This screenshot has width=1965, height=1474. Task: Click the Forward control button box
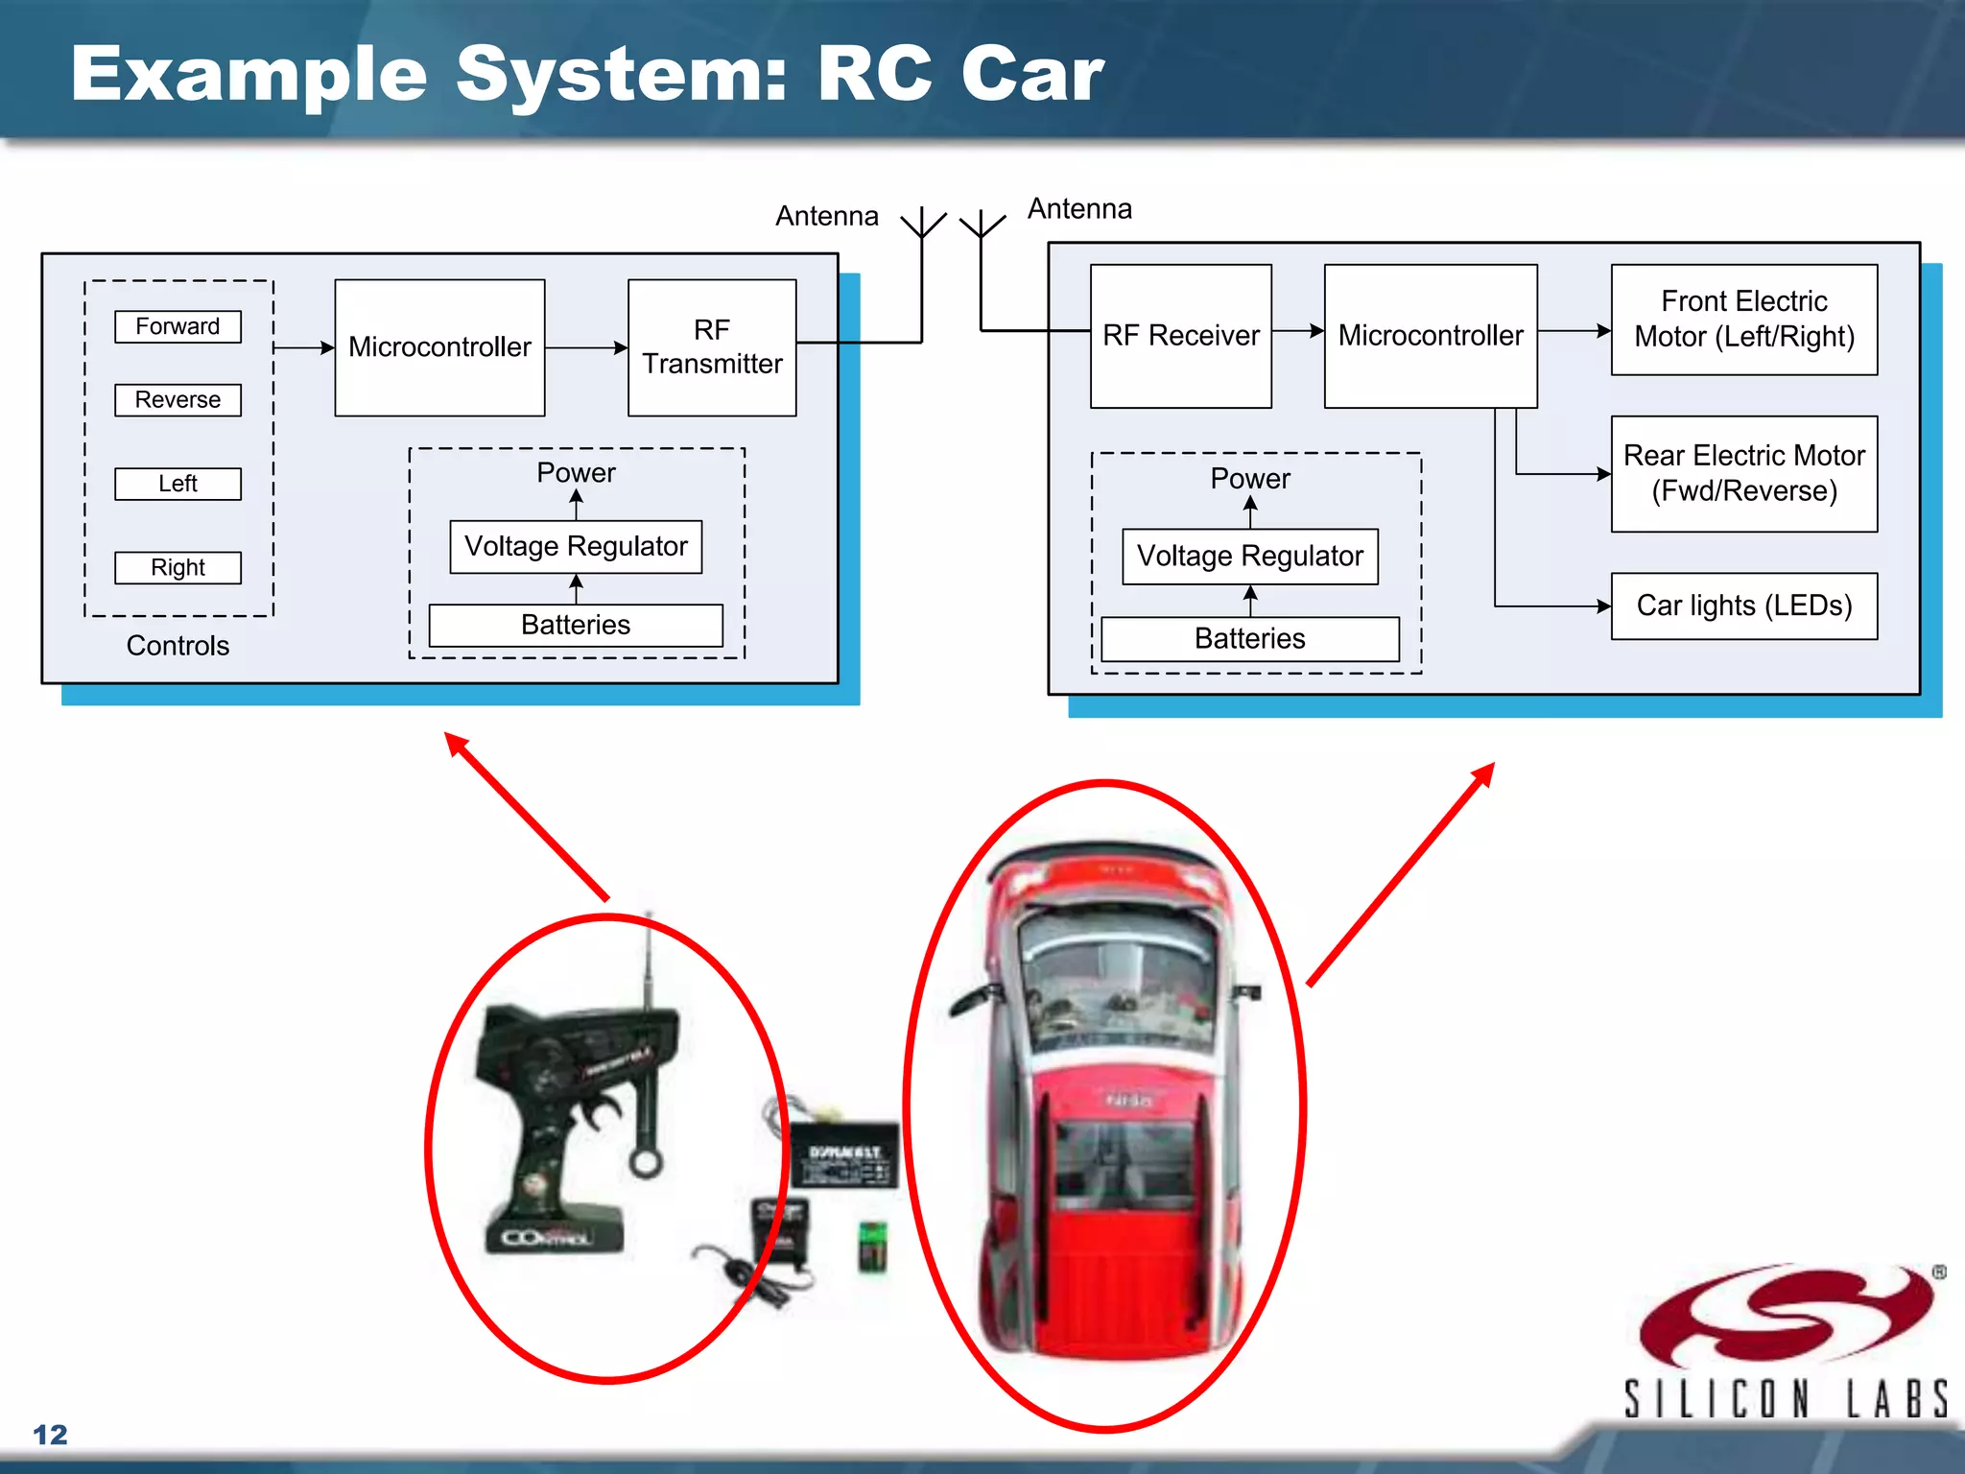point(178,326)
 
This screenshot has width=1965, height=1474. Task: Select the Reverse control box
point(178,399)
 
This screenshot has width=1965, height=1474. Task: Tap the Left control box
point(178,484)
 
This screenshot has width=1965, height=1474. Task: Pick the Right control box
point(178,567)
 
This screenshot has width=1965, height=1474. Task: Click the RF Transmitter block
point(712,347)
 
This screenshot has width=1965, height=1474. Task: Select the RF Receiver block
point(1180,336)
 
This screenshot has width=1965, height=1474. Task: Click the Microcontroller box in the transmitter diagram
point(439,347)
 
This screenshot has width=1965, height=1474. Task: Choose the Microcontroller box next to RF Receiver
point(1430,336)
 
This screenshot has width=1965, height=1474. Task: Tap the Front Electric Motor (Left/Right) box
point(1743,320)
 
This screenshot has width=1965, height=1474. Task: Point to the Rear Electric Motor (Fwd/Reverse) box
point(1743,473)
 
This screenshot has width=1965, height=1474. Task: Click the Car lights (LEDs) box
point(1743,606)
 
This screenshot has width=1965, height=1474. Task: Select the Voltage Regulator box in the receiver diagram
point(1249,556)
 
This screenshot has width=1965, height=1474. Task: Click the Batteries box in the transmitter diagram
point(576,625)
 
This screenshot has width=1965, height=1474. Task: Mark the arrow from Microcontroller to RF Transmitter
point(586,347)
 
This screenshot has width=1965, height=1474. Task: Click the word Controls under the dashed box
point(178,646)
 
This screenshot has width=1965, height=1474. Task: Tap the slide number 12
point(50,1435)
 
